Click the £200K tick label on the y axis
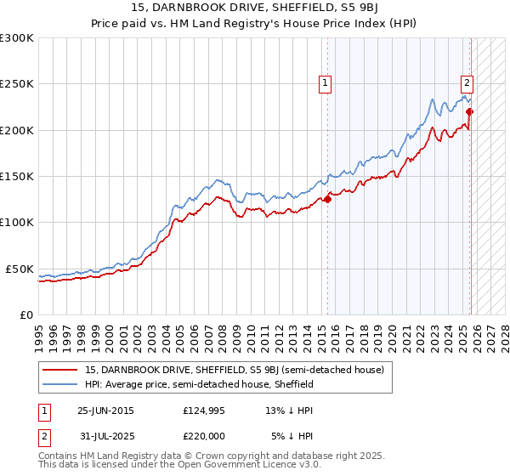[x=16, y=131]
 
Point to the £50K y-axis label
[x=19, y=269]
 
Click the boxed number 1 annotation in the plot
[x=326, y=82]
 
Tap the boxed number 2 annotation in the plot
[x=467, y=82]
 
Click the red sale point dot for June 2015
[x=328, y=200]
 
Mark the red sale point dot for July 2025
[x=470, y=111]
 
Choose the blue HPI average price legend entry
[x=200, y=384]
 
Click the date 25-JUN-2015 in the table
[x=105, y=411]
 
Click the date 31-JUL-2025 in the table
[x=105, y=437]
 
